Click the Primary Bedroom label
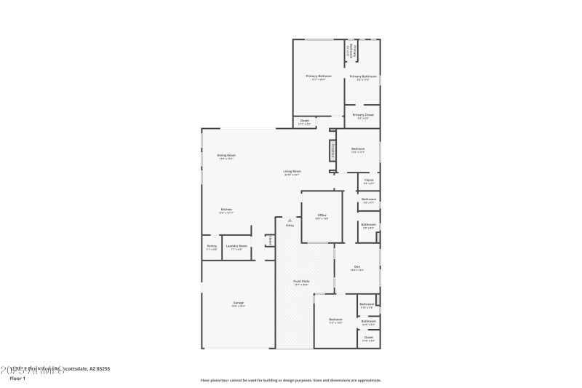point(319,76)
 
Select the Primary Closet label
point(363,114)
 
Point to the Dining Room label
point(226,155)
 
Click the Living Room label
point(292,172)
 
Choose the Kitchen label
point(226,210)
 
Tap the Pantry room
point(212,246)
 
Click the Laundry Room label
point(237,246)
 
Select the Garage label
point(238,303)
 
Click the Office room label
point(322,215)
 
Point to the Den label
point(357,266)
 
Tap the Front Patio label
point(301,281)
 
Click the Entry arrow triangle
point(290,220)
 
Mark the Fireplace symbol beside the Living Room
point(332,151)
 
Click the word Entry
point(290,226)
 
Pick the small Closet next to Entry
point(270,240)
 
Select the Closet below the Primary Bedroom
point(304,122)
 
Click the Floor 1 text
point(17,379)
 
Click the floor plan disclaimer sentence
point(290,380)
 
